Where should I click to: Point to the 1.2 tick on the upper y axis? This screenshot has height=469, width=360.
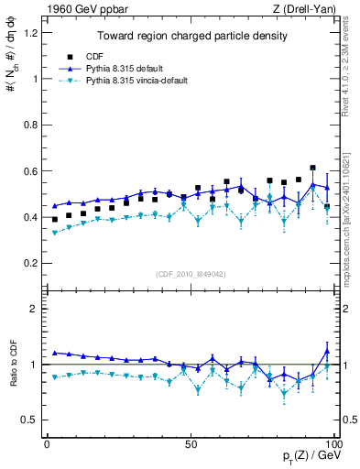[x=32, y=33]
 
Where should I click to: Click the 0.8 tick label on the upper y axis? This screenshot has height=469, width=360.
[x=32, y=125]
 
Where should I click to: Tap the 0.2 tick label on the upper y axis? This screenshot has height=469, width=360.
[x=32, y=263]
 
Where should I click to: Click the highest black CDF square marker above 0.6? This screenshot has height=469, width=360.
[x=313, y=168]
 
